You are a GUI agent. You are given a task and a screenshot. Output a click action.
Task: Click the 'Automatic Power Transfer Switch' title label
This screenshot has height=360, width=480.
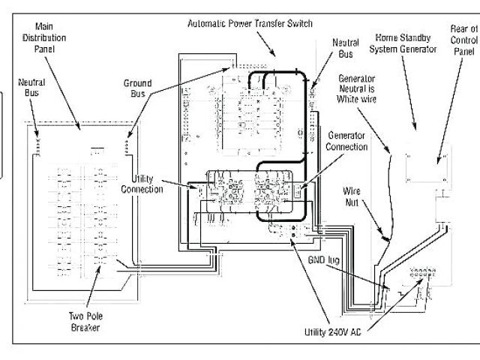[x=249, y=23]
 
